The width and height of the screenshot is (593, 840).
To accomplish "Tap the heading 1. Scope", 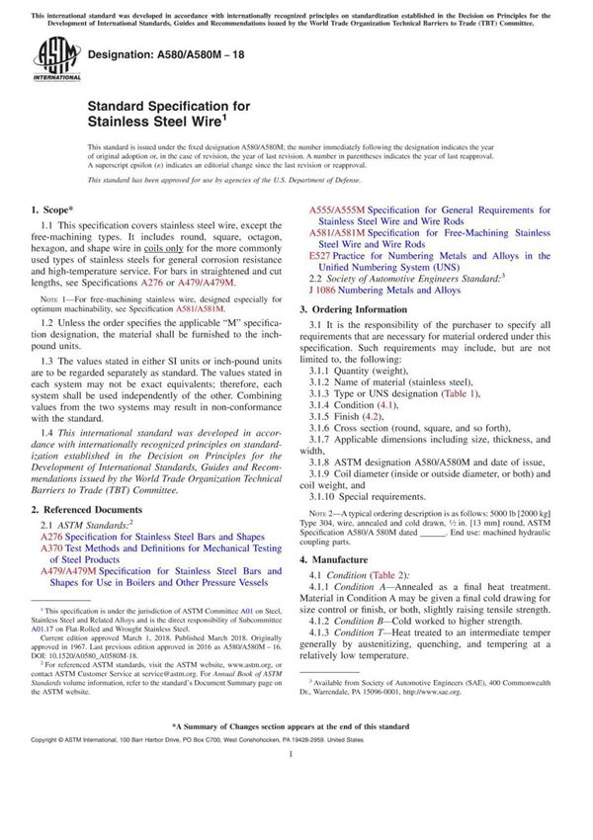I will click(51, 210).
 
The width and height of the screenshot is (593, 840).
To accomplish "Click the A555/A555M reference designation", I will click(337, 210).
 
